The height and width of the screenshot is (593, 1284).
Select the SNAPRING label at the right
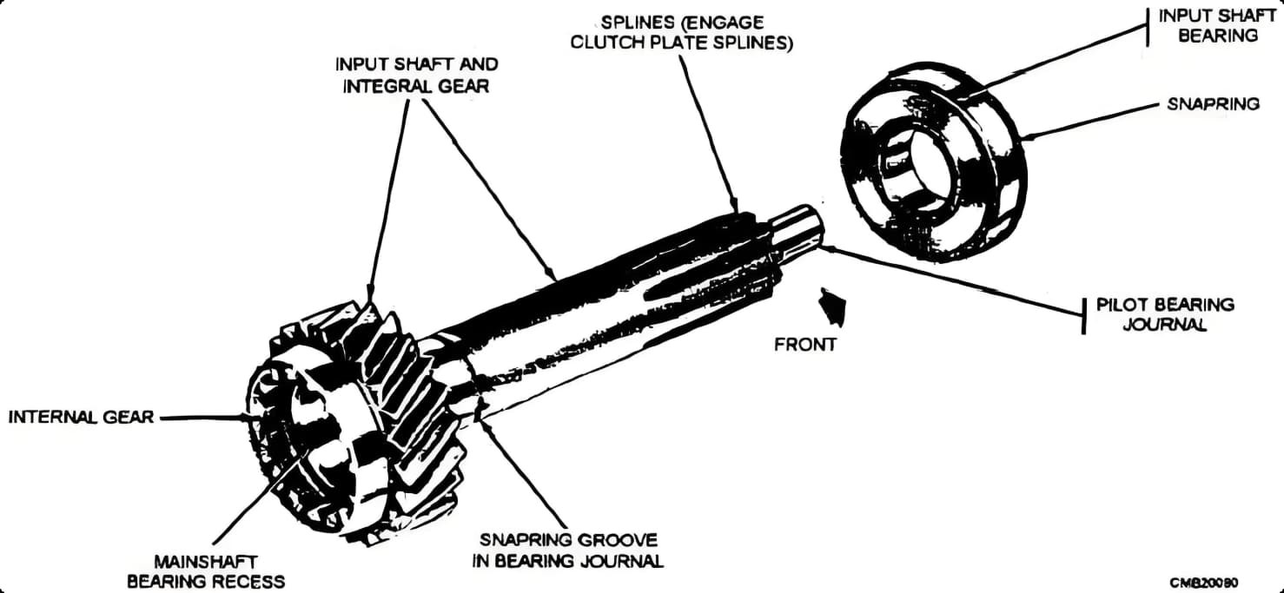[x=1213, y=103]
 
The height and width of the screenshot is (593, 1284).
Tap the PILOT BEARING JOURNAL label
[x=1164, y=313]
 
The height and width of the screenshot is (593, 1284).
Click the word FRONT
[x=805, y=345]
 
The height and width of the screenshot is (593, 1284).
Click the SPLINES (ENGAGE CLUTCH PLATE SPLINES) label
[x=680, y=32]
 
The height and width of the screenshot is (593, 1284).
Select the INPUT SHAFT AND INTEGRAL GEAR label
[x=416, y=75]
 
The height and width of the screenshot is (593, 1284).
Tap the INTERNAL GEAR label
[x=81, y=417]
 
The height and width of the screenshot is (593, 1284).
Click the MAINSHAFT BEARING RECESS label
[x=205, y=571]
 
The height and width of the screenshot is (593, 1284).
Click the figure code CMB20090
[x=1203, y=581]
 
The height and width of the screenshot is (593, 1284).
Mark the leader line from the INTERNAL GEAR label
[x=204, y=418]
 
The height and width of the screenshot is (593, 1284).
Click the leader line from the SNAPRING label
[x=1095, y=120]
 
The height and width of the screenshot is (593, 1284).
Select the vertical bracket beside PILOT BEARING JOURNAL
[x=1083, y=314]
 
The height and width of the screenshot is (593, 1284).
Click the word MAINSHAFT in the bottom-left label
[x=205, y=562]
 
